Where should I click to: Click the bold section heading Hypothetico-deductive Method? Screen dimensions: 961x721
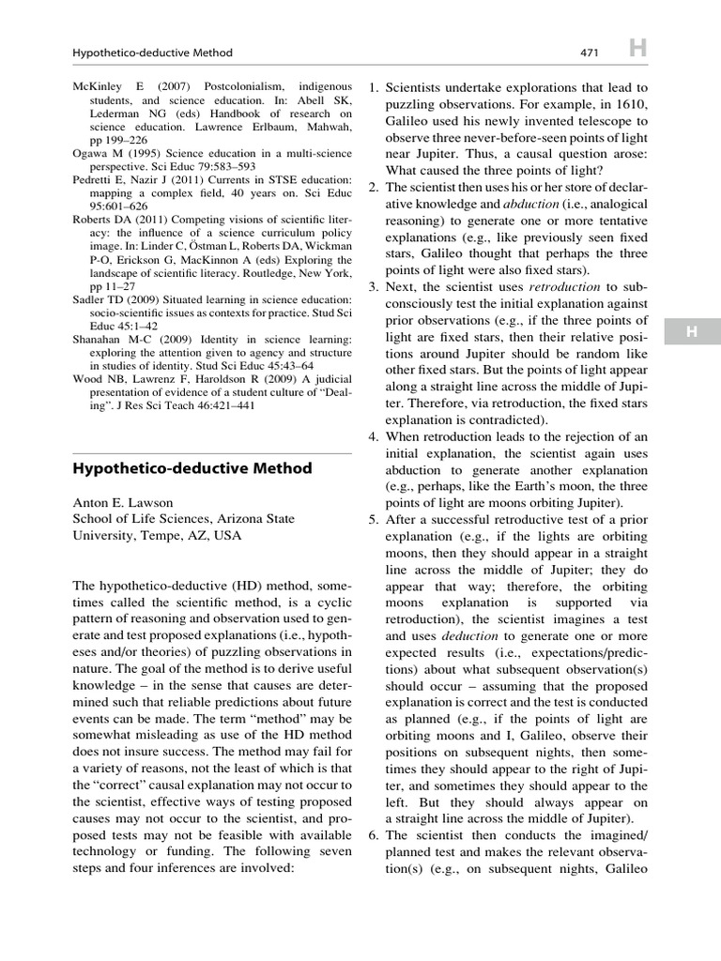tap(192, 468)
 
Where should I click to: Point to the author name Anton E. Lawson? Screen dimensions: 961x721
tap(123, 502)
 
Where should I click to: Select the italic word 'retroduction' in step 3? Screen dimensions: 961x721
tap(562, 285)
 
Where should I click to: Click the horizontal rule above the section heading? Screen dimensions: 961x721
tap(211, 452)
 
